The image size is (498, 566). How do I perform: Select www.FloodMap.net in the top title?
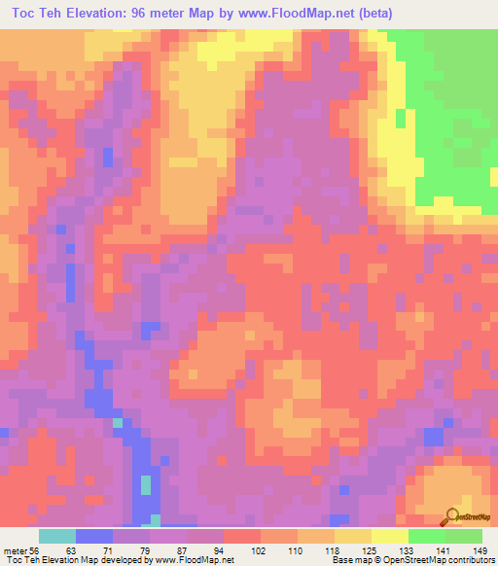pos(321,14)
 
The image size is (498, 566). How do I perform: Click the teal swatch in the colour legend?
pos(56,537)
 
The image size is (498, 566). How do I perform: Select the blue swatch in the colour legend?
pos(93,537)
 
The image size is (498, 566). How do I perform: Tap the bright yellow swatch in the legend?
pos(389,537)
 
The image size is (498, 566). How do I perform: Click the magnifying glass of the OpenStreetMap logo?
pos(452,514)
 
